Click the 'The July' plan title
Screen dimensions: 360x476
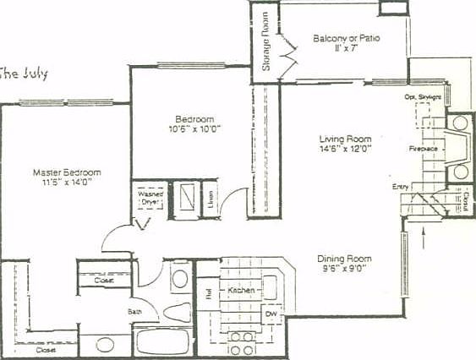point(24,74)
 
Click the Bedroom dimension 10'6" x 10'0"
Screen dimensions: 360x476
point(194,129)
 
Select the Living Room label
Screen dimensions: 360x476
point(345,139)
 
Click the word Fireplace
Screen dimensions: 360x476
point(423,148)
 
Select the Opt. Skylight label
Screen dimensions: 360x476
point(422,98)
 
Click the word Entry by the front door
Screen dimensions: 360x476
point(401,186)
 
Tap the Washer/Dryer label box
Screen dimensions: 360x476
point(150,199)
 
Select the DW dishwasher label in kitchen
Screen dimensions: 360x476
point(271,314)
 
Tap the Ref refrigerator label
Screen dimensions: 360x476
point(207,293)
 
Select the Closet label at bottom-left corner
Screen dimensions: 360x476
point(47,349)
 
